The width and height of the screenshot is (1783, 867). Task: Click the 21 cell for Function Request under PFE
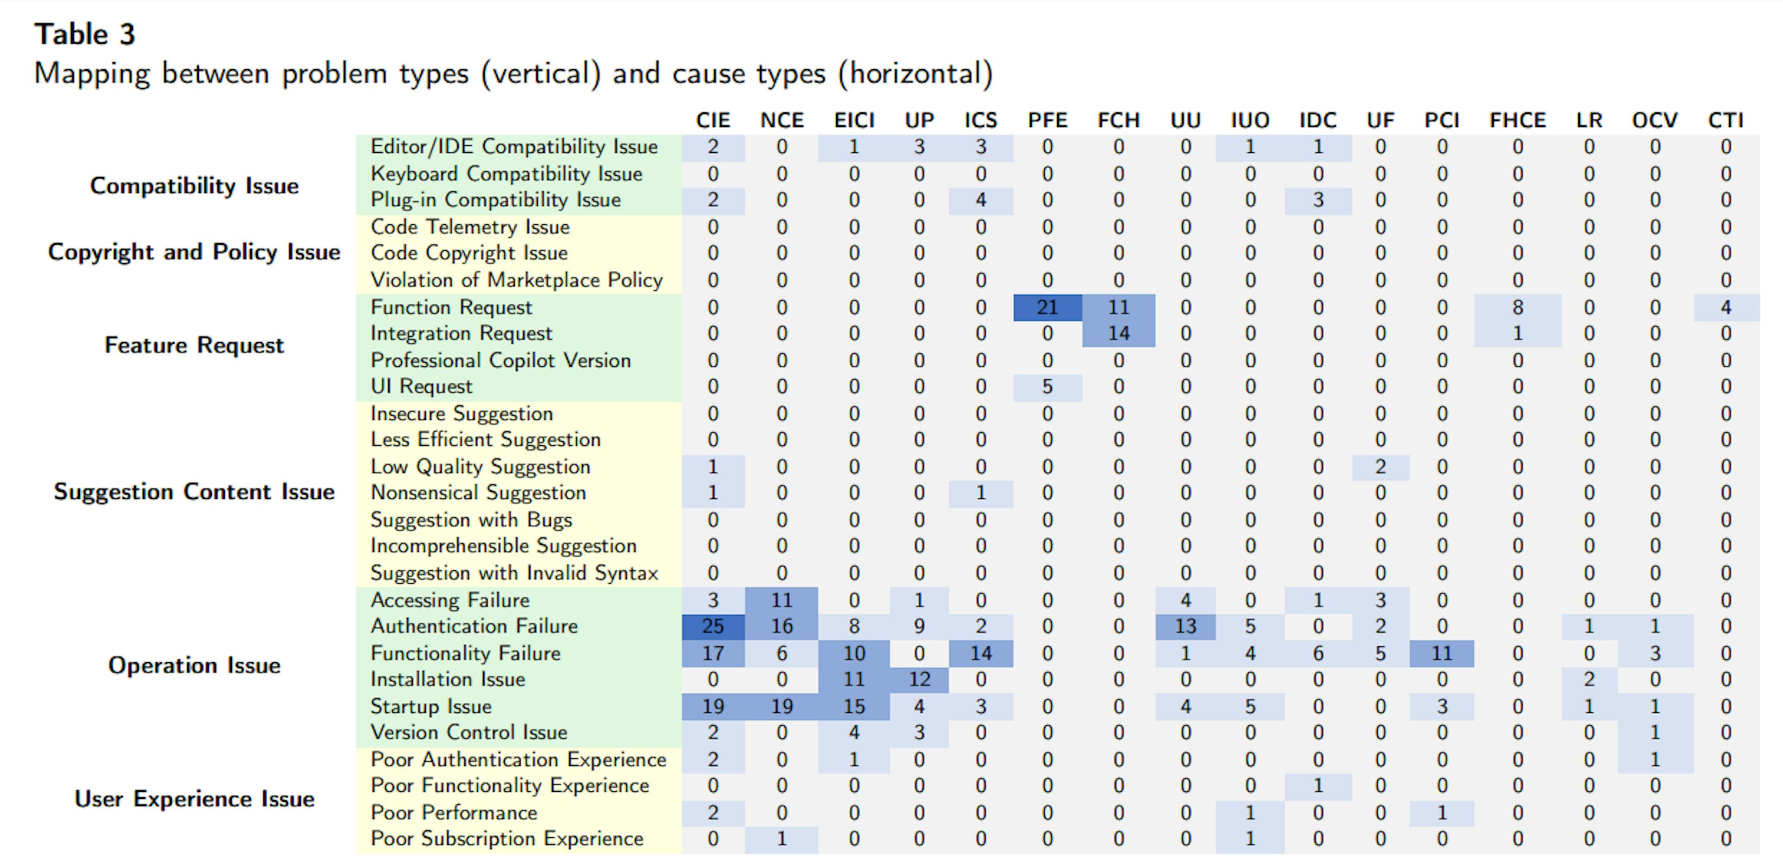pos(1047,307)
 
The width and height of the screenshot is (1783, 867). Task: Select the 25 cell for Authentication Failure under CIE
pos(713,626)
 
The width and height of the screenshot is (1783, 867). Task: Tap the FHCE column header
pos(1517,120)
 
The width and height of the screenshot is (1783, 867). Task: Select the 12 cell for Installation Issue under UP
pos(919,679)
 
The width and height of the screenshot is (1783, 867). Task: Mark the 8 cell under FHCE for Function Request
pos(1517,307)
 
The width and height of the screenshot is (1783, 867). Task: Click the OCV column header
pos(1654,120)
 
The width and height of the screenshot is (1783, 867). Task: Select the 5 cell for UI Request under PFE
pos(1047,386)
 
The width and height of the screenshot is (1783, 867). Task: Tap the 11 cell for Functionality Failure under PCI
pos(1442,653)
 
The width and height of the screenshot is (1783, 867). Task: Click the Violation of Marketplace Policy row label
pos(516,280)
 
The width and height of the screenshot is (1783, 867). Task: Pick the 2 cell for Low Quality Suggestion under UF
pos(1380,467)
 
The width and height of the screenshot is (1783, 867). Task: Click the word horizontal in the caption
pos(915,73)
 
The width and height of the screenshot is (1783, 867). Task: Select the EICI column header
pos(854,120)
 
